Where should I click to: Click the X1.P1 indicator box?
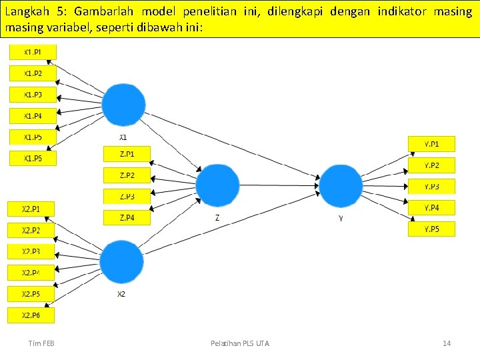[33, 52]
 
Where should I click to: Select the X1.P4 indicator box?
[33, 116]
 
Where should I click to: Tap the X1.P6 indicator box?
[33, 159]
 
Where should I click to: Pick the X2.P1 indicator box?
[31, 209]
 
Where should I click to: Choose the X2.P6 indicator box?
[31, 315]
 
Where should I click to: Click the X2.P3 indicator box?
[31, 251]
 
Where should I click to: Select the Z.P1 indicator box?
[127, 154]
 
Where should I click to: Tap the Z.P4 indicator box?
[127, 218]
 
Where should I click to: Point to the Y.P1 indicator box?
[431, 143]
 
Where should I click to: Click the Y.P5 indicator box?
[431, 229]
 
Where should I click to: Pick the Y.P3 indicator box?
[431, 187]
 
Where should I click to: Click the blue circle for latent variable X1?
[123, 105]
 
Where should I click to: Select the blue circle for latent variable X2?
[121, 263]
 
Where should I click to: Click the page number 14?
[447, 343]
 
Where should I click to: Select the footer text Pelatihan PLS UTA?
[240, 343]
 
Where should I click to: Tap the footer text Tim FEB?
[41, 343]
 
